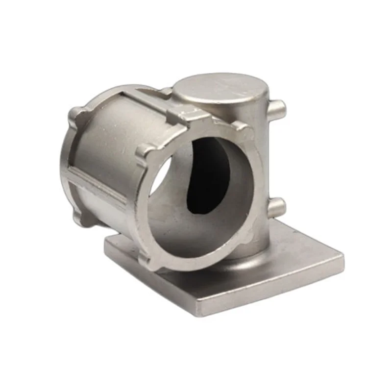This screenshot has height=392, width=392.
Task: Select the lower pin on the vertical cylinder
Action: pyautogui.click(x=277, y=206)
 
